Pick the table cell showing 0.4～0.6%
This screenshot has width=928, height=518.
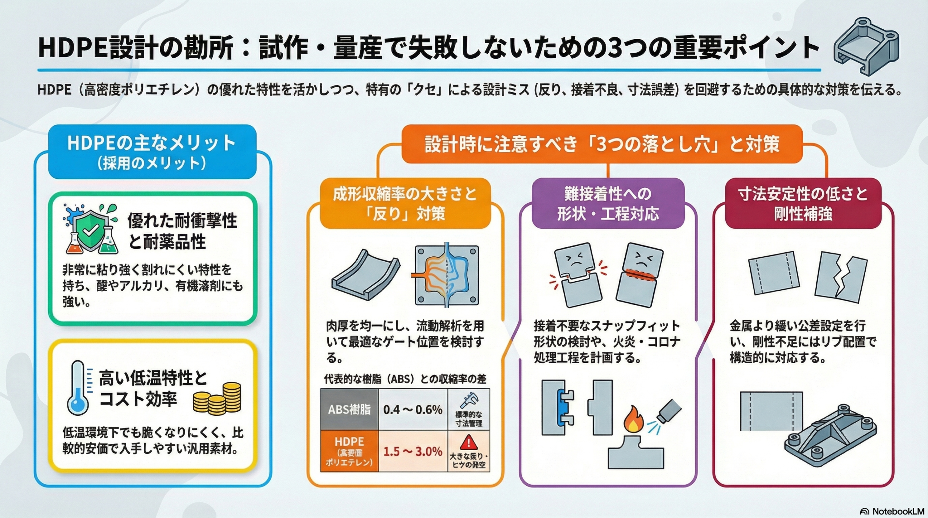413,410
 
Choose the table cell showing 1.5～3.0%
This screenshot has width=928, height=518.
413,452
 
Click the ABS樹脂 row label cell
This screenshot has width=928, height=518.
349,410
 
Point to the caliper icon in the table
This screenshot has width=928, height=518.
469,400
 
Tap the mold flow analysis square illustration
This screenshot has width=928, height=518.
447,274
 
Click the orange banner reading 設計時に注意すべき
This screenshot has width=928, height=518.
602,144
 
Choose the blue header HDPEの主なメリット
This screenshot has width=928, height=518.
152,152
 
